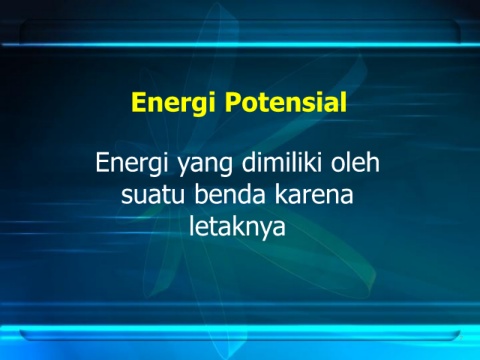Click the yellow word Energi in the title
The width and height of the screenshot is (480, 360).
173,103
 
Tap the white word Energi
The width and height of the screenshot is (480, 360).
131,164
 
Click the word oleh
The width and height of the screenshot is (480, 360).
355,162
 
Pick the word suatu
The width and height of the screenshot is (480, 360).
153,195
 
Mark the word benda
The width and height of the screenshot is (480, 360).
230,194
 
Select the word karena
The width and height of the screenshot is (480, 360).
314,194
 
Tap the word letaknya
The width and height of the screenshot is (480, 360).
237,228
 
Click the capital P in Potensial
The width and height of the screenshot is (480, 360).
233,102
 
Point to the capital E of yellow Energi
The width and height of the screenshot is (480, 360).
139,102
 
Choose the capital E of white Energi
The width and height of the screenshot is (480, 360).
103,162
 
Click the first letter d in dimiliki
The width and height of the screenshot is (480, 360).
249,163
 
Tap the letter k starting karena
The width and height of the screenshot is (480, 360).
282,194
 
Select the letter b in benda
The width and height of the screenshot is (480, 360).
202,194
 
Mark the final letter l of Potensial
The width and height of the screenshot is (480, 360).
344,101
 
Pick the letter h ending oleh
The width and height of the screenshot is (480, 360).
374,162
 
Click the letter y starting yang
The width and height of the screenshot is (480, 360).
183,167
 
